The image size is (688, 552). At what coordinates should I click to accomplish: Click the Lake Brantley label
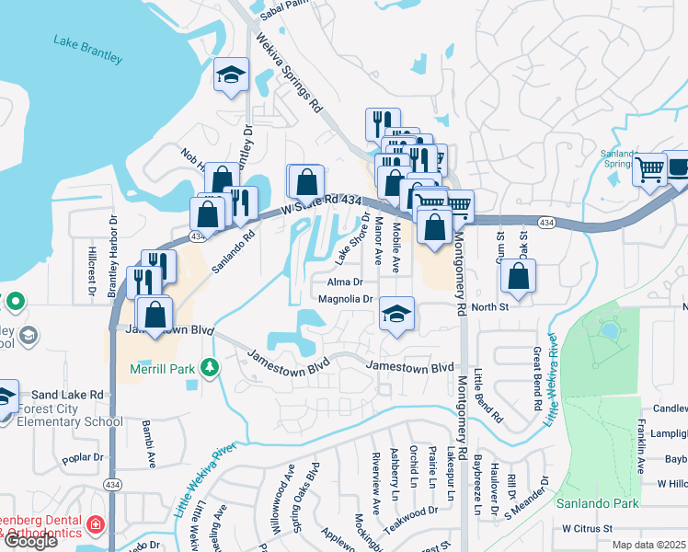point(87,49)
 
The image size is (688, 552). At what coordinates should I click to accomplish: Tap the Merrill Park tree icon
point(211,368)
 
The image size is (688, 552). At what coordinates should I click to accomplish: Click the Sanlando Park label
point(591,503)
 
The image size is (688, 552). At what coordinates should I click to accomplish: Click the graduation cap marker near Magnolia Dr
point(396,315)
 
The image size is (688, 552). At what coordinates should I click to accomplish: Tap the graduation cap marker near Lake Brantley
point(232,75)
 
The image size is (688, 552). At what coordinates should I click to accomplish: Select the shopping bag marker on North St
point(519,276)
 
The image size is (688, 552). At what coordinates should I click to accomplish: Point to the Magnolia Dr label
point(345,299)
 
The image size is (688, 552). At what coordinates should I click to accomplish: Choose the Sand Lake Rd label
point(70,394)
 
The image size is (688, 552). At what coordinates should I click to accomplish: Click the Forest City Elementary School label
point(66,416)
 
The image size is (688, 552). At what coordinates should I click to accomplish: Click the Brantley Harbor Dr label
point(113,255)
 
